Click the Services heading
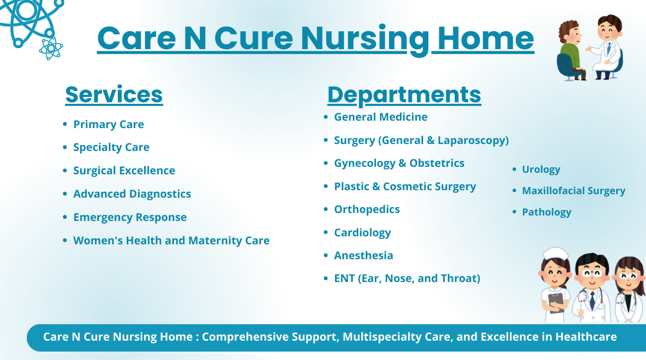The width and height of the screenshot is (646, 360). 114,94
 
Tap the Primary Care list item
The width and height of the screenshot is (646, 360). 108,125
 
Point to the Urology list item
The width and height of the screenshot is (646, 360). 541,169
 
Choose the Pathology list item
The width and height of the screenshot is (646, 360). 547,213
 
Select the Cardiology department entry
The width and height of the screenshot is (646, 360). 362,233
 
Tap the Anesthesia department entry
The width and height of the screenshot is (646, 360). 363,256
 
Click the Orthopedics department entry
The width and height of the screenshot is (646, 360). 367,210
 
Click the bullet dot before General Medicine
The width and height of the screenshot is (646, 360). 326,117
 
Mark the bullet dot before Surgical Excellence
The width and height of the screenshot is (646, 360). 65,170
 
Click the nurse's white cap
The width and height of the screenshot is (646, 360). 555,254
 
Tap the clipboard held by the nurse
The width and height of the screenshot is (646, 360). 556,302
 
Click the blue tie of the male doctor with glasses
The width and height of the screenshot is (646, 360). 592,300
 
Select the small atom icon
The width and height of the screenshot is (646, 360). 51,48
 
